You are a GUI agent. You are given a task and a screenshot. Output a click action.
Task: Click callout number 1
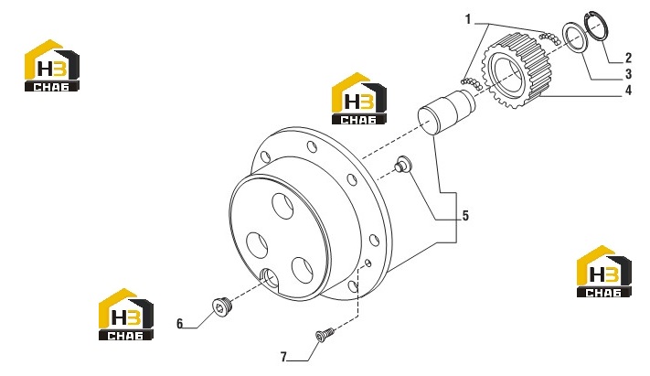click(468, 19)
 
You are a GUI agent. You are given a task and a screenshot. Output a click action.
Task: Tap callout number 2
click(628, 58)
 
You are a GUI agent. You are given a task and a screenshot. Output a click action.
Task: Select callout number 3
click(628, 74)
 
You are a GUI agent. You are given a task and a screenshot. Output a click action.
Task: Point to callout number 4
click(628, 90)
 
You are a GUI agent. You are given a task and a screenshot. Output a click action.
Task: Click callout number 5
click(465, 215)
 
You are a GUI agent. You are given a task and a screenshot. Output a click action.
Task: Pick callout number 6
click(179, 323)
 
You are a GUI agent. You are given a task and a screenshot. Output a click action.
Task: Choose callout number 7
click(283, 357)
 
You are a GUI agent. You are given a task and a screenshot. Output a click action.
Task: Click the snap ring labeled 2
click(597, 27)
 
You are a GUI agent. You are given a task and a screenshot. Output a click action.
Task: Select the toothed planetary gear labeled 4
click(517, 70)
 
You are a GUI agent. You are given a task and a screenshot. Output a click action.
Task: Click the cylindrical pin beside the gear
click(447, 111)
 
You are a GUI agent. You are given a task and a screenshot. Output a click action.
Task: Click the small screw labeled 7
click(325, 334)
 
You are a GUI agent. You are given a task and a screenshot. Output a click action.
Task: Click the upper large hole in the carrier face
click(282, 206)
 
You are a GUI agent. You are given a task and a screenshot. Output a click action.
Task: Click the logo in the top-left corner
click(52, 65)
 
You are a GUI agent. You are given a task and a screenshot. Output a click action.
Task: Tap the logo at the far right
click(604, 272)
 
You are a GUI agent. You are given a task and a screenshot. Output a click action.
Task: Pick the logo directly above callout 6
click(126, 315)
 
